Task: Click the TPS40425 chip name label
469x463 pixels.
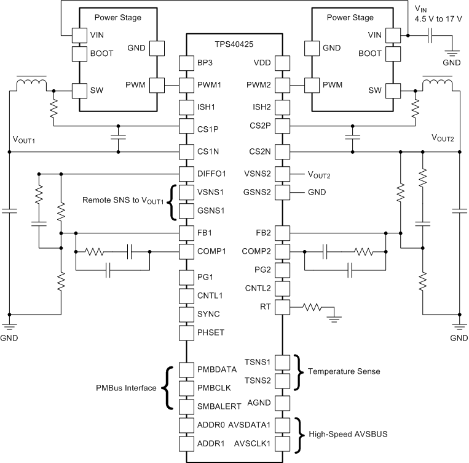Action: tap(235, 45)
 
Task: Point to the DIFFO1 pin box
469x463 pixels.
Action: tap(186, 173)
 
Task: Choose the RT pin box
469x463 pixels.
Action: tap(282, 306)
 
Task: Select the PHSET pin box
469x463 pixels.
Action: tap(186, 334)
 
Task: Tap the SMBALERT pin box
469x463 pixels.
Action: tap(186, 406)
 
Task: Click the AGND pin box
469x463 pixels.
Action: tap(282, 403)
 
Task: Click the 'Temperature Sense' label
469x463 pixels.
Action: tap(344, 371)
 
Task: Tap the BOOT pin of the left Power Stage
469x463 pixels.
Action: tap(80, 54)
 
